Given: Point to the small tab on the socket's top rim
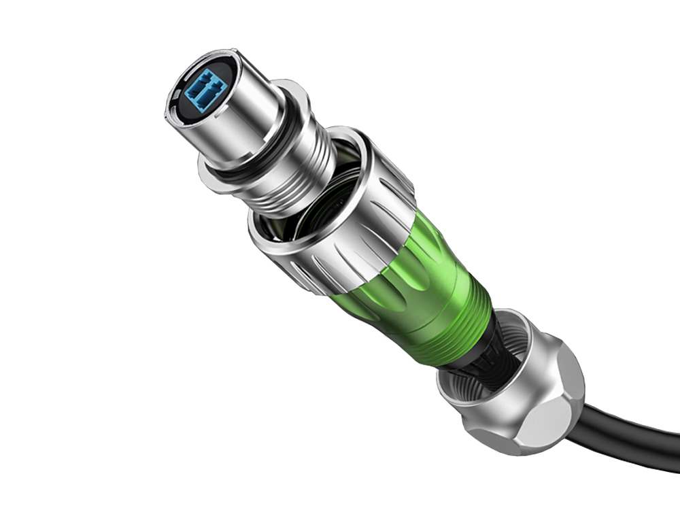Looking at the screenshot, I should click(224, 52).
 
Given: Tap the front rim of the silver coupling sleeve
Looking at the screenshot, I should click(272, 241).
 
